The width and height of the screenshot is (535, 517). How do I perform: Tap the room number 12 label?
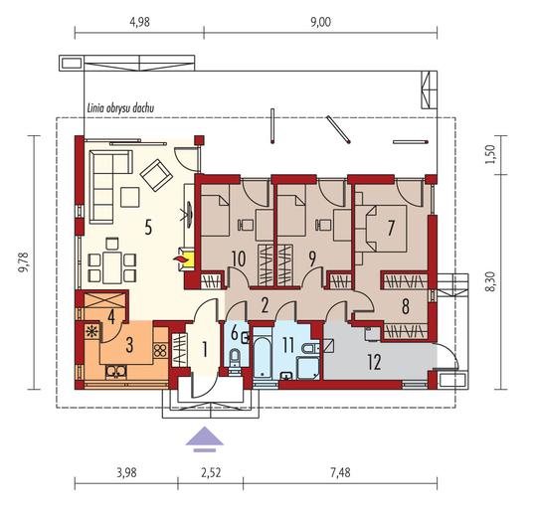[x=374, y=362]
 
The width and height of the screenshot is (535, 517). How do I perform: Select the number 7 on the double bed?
[x=391, y=228]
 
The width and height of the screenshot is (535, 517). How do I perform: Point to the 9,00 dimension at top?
[x=321, y=22]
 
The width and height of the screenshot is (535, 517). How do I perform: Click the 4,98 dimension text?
[x=140, y=22]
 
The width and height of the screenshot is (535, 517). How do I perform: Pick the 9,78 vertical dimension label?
[x=24, y=262]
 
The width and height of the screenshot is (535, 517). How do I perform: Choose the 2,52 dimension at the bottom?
[x=211, y=472]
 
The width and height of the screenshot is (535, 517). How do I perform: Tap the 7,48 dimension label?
[x=340, y=472]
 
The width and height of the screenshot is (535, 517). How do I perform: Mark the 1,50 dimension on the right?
[x=489, y=154]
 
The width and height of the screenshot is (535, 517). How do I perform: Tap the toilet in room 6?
[x=235, y=358]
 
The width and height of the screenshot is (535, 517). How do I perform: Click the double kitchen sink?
[x=116, y=372]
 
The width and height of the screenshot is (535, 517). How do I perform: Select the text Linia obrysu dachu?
[x=120, y=108]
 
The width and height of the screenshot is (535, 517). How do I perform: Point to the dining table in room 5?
[x=112, y=267]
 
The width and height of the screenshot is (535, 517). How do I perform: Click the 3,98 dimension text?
[x=126, y=472]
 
